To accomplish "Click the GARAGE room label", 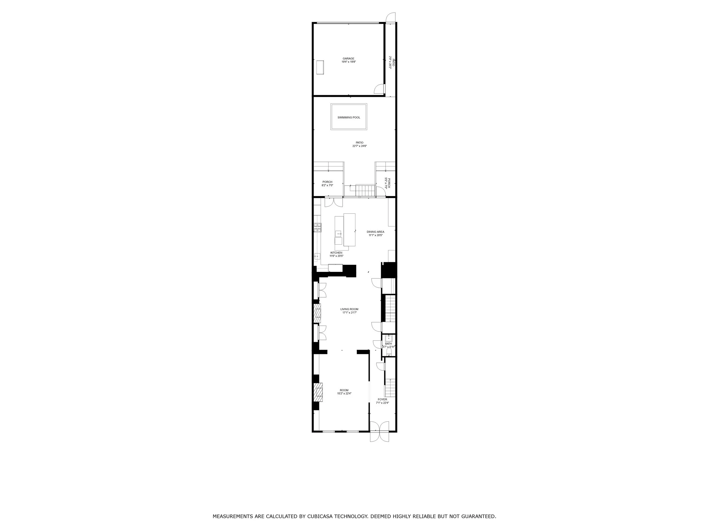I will [x=349, y=59].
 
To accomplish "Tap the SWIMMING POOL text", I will [x=349, y=118].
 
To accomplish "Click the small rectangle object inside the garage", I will [x=320, y=67].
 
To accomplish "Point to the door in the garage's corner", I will [x=379, y=89].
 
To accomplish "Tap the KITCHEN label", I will [x=336, y=253].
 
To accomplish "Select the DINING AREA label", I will [x=375, y=232].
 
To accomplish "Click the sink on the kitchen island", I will [x=338, y=234].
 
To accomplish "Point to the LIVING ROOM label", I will [x=349, y=309].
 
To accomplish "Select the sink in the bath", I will [x=389, y=338].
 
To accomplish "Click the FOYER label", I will [x=382, y=399].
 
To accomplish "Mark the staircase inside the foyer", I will [x=390, y=387].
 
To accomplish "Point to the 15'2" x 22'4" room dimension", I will [x=344, y=394].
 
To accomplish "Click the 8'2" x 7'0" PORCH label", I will [x=327, y=182].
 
